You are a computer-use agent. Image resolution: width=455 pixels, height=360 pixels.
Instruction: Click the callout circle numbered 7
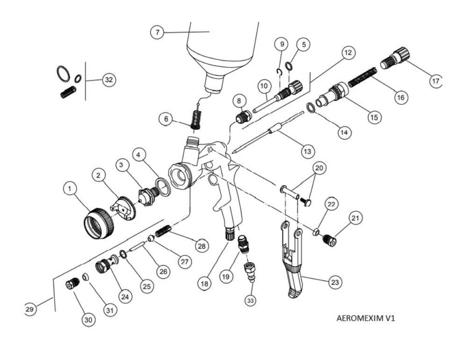157,32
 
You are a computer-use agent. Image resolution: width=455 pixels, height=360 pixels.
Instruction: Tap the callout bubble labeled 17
436,81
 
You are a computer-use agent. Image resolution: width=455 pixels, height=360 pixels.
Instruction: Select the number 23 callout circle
335,282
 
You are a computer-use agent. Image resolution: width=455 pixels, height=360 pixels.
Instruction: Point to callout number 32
109,80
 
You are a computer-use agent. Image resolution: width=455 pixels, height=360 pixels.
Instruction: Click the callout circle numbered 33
250,300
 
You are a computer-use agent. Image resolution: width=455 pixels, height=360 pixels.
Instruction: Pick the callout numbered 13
307,151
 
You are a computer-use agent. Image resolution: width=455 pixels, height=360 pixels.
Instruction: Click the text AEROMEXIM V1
366,318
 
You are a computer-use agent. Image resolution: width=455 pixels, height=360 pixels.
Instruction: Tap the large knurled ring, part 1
98,223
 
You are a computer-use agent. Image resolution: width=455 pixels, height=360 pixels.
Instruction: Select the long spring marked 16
363,77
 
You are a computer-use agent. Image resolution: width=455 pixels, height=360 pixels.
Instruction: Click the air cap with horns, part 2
123,208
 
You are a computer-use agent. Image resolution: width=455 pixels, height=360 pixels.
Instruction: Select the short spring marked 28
163,231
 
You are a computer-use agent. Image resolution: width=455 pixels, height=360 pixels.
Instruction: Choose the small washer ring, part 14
311,108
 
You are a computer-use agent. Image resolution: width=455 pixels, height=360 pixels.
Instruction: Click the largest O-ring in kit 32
63,73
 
